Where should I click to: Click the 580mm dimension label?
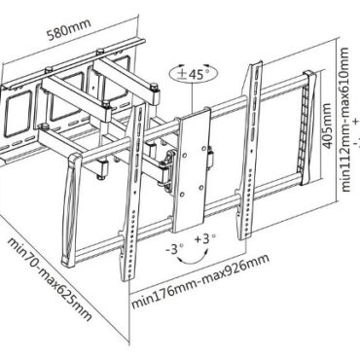point(69,29)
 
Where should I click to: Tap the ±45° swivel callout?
point(193,75)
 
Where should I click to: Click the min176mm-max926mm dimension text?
point(200,282)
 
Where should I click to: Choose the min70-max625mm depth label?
point(50,279)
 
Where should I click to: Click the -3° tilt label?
point(174,249)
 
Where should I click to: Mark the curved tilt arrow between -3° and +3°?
point(194,260)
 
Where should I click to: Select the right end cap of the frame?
point(308,128)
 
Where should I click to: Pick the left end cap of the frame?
point(71,210)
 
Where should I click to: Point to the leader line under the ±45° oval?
point(193,97)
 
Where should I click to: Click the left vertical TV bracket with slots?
point(133,192)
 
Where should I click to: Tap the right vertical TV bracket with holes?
point(250,151)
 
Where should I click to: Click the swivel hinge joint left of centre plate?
point(168,169)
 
